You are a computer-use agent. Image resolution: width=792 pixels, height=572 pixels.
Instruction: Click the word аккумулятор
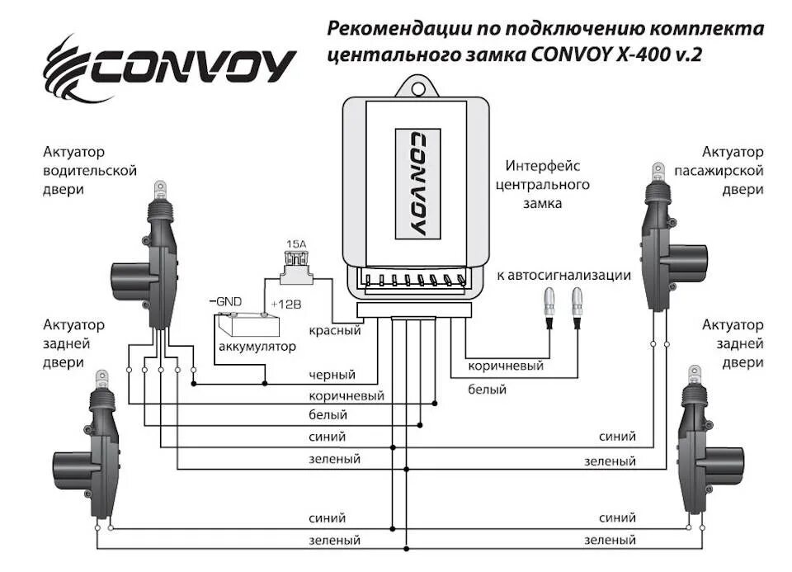pyautogui.click(x=257, y=347)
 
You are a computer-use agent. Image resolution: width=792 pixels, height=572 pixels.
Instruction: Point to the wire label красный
pyautogui.click(x=335, y=331)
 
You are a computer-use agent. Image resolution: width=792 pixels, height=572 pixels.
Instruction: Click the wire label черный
pyautogui.click(x=332, y=376)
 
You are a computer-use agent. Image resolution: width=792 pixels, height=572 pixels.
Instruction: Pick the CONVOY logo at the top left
pyautogui.click(x=169, y=67)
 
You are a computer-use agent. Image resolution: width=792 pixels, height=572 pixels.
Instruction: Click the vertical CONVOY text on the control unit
pyautogui.click(x=417, y=182)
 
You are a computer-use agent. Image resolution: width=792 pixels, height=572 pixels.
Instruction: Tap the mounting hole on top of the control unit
pyautogui.click(x=417, y=85)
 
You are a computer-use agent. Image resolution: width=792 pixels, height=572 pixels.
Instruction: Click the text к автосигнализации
pyautogui.click(x=564, y=275)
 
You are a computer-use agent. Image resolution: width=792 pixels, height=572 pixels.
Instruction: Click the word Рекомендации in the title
pyautogui.click(x=399, y=29)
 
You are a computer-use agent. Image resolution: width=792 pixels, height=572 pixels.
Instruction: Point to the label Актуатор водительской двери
pyautogui.click(x=90, y=171)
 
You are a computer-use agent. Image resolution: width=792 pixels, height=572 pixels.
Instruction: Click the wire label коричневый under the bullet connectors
pyautogui.click(x=506, y=365)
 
